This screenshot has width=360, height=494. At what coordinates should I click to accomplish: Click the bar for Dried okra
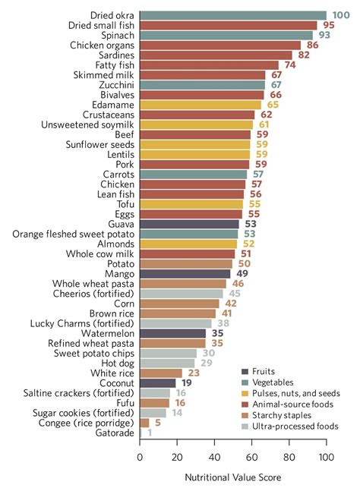(232, 14)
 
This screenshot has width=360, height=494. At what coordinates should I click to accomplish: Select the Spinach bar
(226, 35)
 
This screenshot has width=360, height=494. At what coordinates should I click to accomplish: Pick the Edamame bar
(201, 105)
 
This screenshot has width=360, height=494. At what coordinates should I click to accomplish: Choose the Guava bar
(189, 224)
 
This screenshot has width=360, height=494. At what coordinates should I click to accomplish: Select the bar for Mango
(185, 273)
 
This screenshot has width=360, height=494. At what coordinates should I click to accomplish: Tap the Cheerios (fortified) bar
(182, 294)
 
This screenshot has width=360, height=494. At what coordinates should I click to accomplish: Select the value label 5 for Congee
(156, 423)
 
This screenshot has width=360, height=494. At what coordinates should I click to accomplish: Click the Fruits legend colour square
(245, 371)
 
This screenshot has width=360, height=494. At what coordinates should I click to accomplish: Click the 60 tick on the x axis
(251, 457)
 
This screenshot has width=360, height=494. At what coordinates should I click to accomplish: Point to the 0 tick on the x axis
(140, 457)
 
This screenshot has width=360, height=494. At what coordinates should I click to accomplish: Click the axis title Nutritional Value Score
(233, 479)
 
